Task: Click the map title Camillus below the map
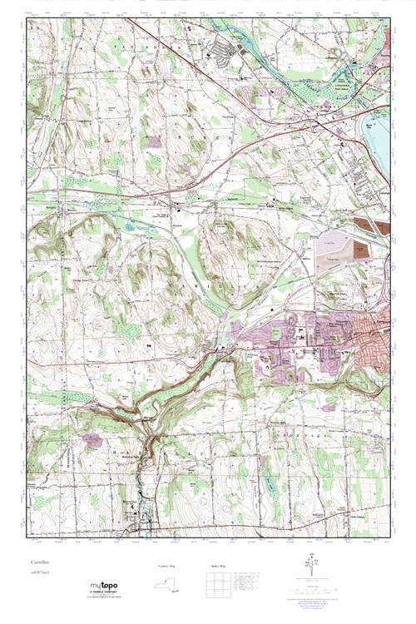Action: pyautogui.click(x=38, y=563)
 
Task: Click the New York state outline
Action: pyautogui.click(x=170, y=582)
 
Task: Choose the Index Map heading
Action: pyautogui.click(x=215, y=565)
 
